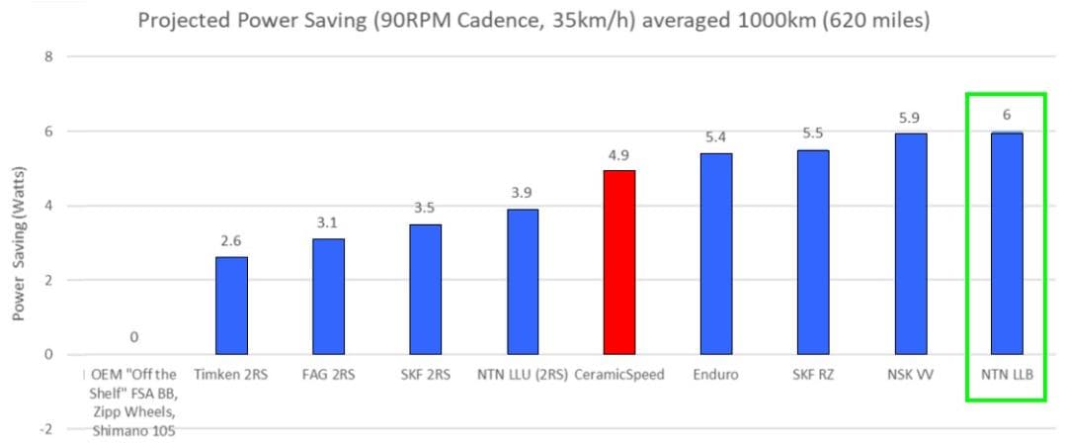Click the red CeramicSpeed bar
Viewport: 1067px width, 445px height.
(619, 262)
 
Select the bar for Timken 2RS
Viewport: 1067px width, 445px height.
(231, 306)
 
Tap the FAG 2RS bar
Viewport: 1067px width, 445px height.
(328, 297)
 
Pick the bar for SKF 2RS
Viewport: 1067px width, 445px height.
(425, 289)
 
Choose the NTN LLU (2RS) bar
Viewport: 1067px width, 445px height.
(522, 282)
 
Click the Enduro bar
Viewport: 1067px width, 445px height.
(716, 253)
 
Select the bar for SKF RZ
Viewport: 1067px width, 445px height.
(813, 252)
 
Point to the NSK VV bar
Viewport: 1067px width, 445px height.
(911, 244)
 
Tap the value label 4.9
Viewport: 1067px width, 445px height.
(619, 154)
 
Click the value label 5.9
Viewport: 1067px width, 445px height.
(911, 118)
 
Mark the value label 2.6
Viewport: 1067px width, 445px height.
(231, 240)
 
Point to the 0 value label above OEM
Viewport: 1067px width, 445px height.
(134, 337)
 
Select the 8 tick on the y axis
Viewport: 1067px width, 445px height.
(48, 56)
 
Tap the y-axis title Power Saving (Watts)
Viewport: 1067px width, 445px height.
(21, 242)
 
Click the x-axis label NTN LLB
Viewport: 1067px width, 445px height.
(1007, 376)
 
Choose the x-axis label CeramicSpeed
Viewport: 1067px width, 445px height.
(619, 376)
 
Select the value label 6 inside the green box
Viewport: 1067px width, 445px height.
(1007, 116)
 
